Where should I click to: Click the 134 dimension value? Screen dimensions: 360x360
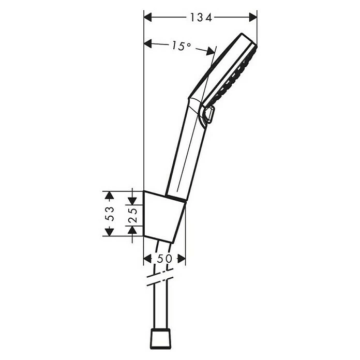(x=200, y=17)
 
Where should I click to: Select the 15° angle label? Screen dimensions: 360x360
(x=181, y=46)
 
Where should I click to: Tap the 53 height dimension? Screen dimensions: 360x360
(x=109, y=213)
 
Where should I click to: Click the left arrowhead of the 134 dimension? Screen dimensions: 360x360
(x=147, y=17)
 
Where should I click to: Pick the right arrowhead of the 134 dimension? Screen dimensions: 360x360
(x=253, y=17)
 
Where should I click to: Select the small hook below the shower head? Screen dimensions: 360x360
(x=208, y=115)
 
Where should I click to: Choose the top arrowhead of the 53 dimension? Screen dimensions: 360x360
(x=109, y=195)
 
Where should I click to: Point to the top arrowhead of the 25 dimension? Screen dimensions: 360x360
(x=133, y=199)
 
